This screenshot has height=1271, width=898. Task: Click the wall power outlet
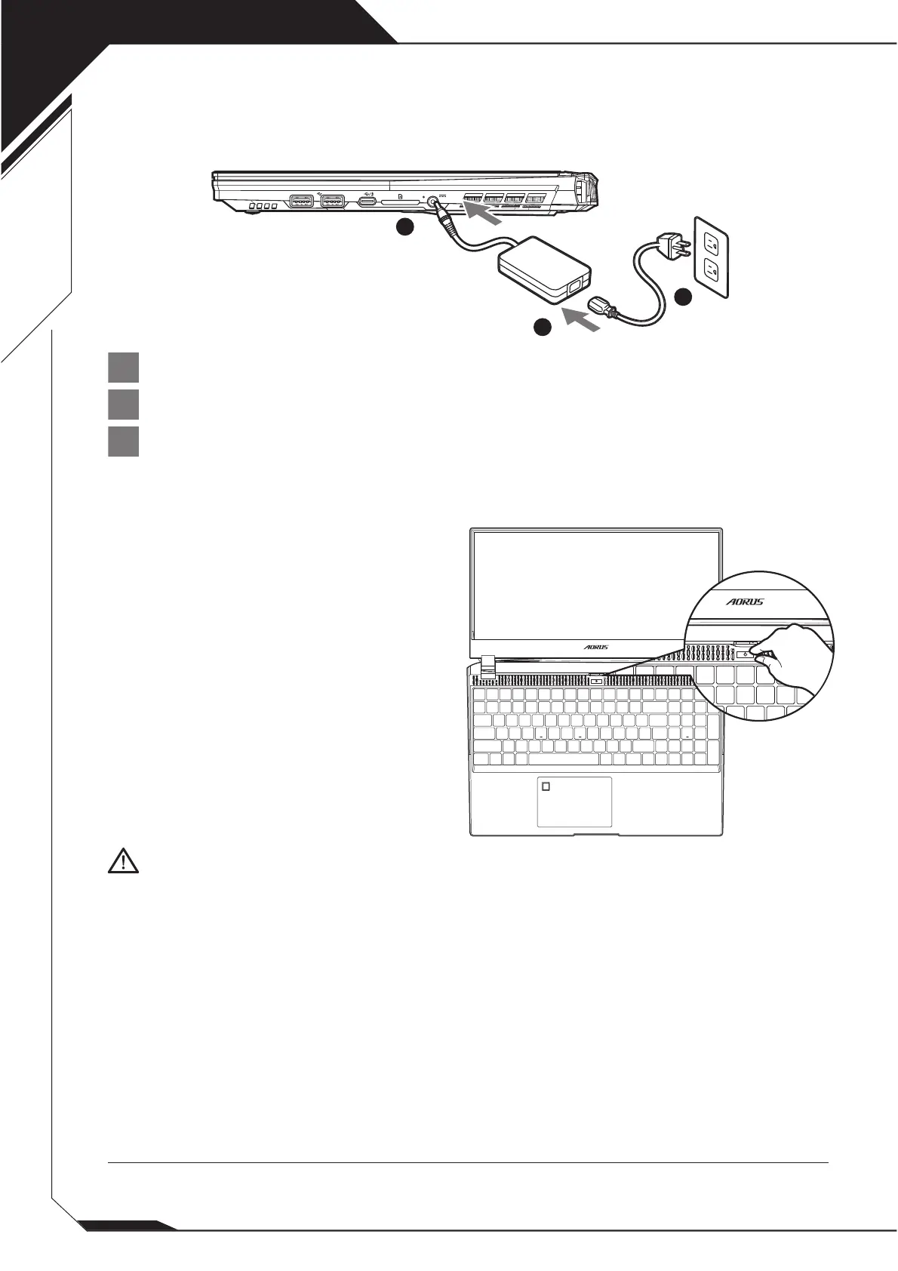[711, 257]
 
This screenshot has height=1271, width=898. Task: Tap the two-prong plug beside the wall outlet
[674, 245]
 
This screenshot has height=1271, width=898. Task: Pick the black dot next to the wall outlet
[684, 297]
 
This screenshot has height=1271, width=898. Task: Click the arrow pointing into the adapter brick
[581, 319]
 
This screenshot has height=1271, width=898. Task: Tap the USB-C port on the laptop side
[368, 202]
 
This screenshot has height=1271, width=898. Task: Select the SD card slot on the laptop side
[400, 202]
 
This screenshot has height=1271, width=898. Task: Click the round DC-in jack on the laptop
[433, 202]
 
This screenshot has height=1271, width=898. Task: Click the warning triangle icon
[123, 861]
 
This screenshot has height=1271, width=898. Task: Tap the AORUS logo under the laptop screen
[596, 647]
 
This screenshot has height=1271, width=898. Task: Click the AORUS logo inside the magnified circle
[744, 602]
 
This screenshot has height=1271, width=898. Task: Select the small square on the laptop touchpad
[546, 786]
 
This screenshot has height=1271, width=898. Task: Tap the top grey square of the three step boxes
[123, 368]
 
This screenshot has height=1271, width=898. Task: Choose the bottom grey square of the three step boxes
[123, 442]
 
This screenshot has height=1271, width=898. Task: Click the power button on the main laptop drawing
[596, 679]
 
